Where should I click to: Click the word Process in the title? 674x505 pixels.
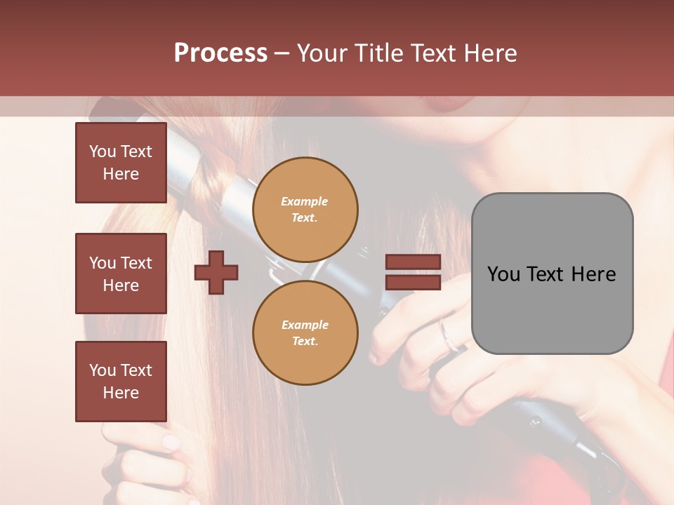(220, 53)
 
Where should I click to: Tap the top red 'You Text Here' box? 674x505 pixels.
(121, 163)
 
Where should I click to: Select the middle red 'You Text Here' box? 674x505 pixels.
(121, 274)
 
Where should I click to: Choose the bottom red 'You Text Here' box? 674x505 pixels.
(121, 382)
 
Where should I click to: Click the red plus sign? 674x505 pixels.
(216, 272)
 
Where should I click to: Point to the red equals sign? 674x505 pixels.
(413, 272)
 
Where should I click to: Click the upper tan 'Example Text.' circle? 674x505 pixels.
(305, 210)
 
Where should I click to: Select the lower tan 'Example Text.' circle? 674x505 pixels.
(305, 333)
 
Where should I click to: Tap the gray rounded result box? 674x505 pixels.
(552, 274)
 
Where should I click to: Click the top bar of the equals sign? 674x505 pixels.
(413, 262)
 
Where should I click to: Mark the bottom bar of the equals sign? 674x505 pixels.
(413, 283)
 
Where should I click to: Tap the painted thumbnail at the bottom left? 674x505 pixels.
(171, 443)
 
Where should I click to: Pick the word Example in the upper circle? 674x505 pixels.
(305, 201)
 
